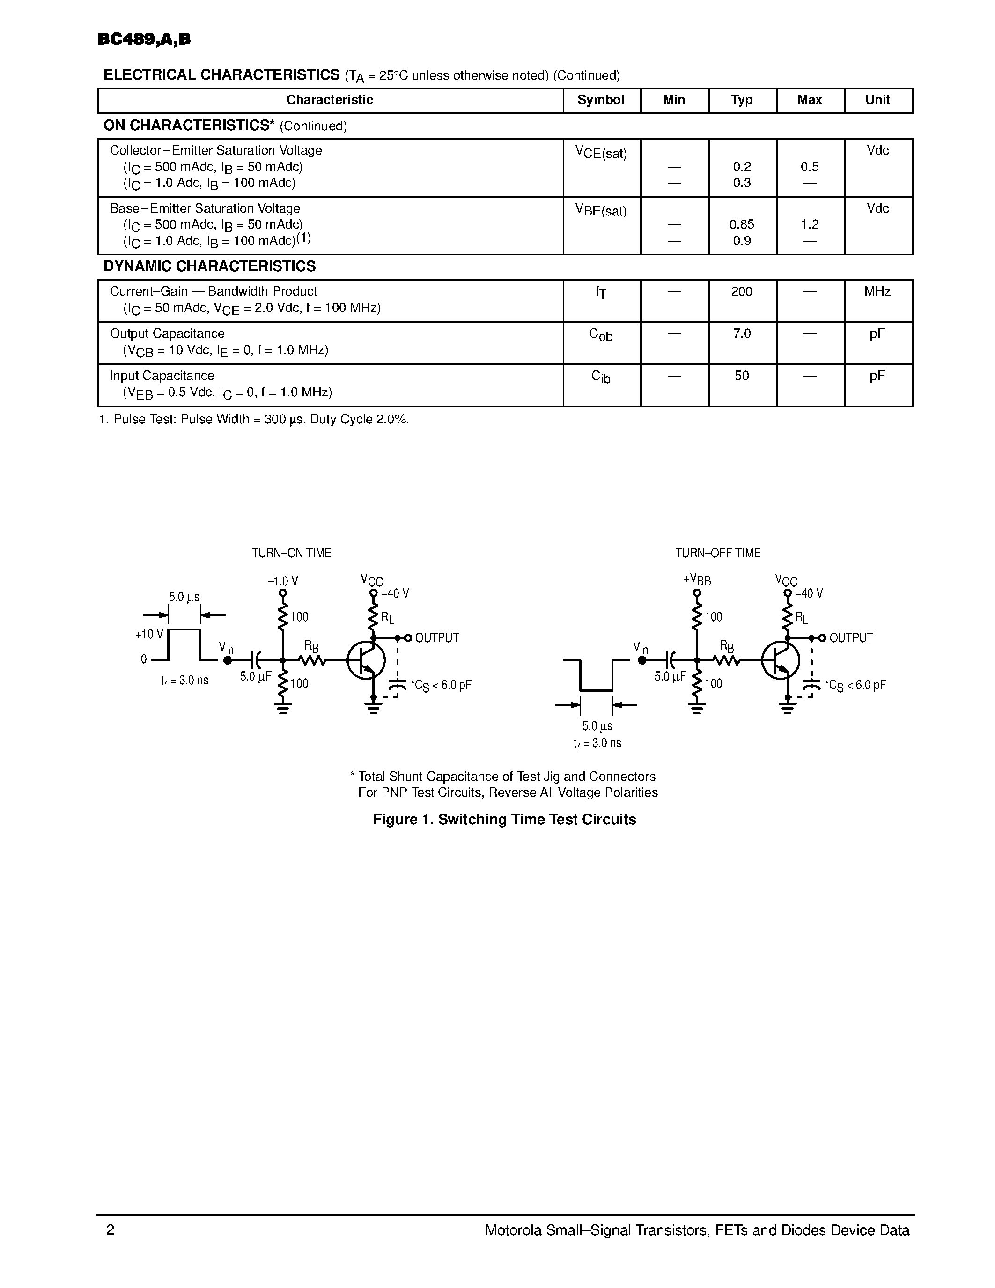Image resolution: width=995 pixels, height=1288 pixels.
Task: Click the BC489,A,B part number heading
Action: point(144,39)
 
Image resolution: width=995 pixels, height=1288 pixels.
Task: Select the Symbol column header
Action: point(601,100)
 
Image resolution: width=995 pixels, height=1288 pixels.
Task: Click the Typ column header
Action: point(742,100)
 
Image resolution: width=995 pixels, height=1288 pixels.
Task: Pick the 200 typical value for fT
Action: point(742,291)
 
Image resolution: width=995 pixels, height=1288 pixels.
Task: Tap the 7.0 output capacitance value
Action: point(742,334)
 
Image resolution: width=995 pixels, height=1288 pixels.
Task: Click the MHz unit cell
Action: point(877,291)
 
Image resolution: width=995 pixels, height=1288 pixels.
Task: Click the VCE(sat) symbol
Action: point(601,153)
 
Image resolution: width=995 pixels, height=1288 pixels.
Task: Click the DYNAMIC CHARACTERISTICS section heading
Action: point(209,266)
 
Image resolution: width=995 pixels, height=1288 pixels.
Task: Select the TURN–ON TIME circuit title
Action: point(291,553)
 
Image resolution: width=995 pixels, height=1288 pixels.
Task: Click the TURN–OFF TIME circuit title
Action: point(717,553)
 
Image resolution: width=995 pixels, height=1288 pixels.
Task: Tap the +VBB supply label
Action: point(697,580)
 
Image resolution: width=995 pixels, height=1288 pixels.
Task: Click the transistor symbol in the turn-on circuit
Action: point(366,660)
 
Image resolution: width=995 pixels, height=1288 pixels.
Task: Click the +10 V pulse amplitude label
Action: point(148,635)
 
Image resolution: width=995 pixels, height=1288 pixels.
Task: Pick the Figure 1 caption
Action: point(505,820)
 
